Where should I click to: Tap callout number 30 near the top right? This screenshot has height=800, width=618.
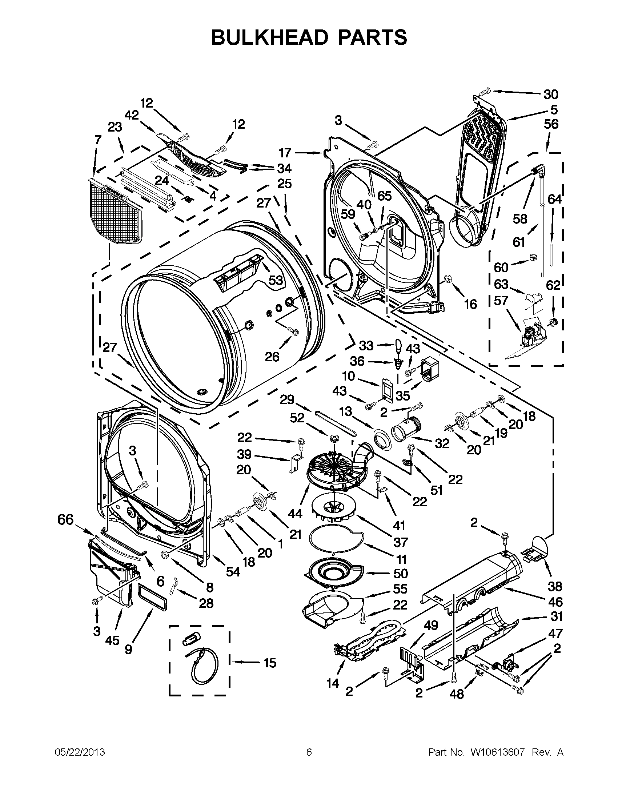[551, 95]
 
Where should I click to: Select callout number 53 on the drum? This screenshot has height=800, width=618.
[276, 280]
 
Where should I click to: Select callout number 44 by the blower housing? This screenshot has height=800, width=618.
[295, 514]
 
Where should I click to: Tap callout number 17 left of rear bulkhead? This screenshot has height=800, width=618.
[285, 152]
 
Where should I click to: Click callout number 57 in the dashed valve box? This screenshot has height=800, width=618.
[501, 301]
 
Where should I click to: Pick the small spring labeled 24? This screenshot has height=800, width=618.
[188, 199]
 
